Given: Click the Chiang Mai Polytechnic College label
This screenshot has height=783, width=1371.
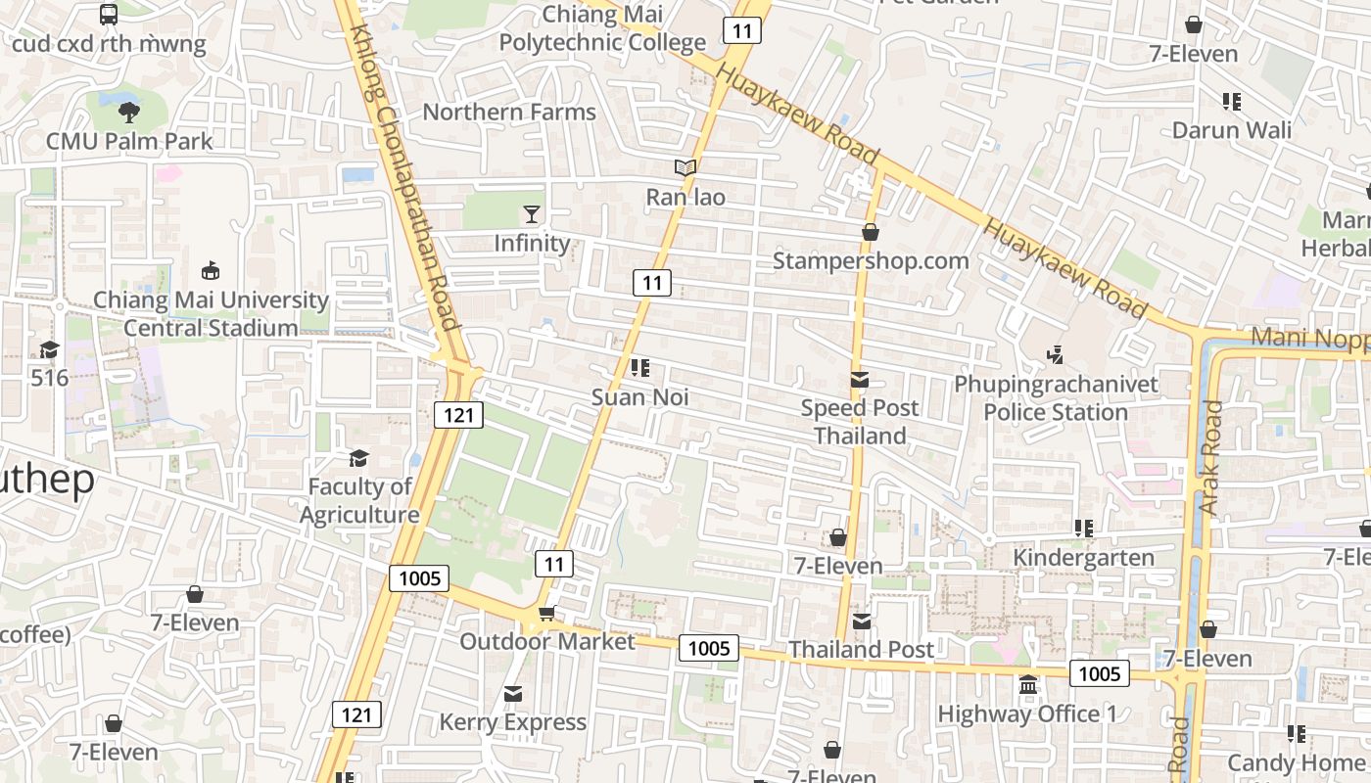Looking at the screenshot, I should click(602, 28).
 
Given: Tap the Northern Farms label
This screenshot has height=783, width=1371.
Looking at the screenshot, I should click(508, 112).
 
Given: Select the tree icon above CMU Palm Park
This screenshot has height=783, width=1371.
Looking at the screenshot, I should click(128, 112).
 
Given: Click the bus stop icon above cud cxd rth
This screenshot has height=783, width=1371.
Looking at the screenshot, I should click(109, 15).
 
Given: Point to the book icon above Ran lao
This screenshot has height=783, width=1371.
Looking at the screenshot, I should click(685, 168).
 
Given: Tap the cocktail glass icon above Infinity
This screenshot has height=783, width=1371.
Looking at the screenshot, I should click(532, 213).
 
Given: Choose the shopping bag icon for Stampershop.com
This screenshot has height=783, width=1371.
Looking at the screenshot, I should click(870, 232).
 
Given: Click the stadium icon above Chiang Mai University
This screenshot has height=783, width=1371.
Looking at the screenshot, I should click(210, 270).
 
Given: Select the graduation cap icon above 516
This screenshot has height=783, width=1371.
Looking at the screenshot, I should click(49, 348).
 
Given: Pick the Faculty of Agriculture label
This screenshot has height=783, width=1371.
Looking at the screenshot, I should click(359, 500).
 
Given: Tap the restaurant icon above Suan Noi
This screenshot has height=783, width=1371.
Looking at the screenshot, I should click(640, 368).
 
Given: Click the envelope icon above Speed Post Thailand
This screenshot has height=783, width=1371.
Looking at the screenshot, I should click(860, 380).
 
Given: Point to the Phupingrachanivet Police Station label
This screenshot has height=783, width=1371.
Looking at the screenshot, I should click(1056, 397).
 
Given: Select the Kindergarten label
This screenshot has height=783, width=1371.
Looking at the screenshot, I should click(1083, 558).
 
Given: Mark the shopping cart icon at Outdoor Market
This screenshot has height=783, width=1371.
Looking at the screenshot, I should click(546, 613).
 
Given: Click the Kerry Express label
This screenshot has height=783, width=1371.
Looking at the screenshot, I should click(512, 722).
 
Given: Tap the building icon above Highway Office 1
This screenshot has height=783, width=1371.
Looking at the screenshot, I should click(1028, 685).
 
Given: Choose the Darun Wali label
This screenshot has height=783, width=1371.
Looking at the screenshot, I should click(1232, 130).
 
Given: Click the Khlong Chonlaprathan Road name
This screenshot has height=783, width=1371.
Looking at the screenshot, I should click(404, 176).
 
